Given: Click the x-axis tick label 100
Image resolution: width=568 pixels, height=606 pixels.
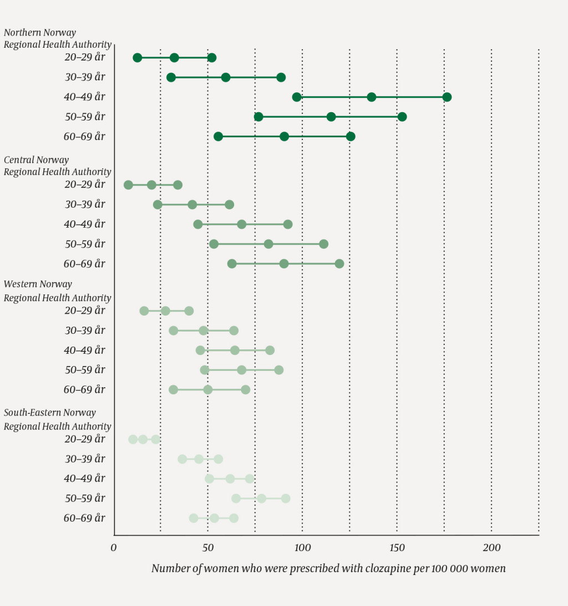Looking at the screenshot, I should tap(302, 548).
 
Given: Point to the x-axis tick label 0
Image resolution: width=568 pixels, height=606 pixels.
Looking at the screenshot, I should tap(114, 548).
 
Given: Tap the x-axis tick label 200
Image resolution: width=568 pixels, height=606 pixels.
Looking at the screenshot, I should tap(491, 548).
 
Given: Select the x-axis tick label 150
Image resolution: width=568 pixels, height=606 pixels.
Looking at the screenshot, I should tap(397, 548).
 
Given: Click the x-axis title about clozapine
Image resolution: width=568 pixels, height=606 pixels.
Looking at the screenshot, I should tap(328, 569).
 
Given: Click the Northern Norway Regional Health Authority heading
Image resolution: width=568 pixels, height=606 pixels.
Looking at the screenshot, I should tap(58, 39).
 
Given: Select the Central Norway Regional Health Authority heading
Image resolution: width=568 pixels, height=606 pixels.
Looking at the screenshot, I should tap(58, 166).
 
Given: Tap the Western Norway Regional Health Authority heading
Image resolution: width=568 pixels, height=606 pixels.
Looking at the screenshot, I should tap(58, 291).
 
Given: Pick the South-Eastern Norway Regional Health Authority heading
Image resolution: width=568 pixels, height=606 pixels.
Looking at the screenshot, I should tap(58, 419).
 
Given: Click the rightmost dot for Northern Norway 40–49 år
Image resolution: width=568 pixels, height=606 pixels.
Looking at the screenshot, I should tap(447, 97).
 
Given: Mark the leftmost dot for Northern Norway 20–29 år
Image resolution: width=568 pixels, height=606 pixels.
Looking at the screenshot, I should tap(138, 58).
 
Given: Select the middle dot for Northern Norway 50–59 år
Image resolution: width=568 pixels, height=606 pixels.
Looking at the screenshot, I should tap(331, 117).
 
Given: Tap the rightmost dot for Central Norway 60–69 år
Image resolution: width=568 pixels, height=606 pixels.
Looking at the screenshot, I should tap(339, 264).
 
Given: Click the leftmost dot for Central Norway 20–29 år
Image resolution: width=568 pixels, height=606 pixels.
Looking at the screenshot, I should tap(129, 185).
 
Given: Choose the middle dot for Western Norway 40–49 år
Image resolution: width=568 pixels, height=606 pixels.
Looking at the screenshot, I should tap(235, 350).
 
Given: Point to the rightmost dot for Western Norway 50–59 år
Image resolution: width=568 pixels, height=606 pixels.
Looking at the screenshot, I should tap(279, 370).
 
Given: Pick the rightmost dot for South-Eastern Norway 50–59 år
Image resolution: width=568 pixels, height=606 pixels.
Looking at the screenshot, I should tap(286, 498).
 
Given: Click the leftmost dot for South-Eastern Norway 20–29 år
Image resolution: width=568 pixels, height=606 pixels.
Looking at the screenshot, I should tap(133, 439).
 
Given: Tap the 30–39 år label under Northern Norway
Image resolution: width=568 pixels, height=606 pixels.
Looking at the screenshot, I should tap(85, 77).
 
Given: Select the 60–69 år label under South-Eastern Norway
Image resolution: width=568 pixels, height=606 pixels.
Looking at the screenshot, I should tap(84, 518).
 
